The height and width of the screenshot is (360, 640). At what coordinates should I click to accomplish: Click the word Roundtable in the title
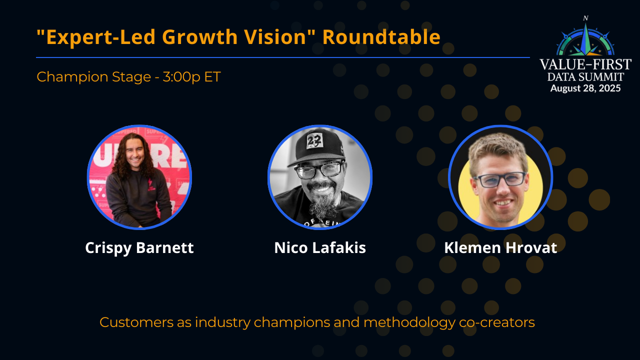[381, 37]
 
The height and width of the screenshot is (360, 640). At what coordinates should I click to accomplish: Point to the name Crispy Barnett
[139, 248]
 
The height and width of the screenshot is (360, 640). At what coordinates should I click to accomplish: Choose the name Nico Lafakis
[320, 248]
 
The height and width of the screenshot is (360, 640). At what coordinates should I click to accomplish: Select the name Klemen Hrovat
[500, 248]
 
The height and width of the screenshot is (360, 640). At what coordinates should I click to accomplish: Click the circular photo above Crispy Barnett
[139, 177]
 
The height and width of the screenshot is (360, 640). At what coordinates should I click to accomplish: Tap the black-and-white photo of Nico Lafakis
[320, 177]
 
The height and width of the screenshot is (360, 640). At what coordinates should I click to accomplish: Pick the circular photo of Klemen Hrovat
[500, 177]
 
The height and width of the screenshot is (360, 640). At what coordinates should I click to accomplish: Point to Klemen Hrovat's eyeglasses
[499, 179]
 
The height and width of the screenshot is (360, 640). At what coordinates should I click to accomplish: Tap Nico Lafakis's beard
[320, 205]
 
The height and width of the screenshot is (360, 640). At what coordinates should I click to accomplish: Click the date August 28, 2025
[585, 88]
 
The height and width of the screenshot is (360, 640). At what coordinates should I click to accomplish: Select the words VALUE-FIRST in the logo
[585, 65]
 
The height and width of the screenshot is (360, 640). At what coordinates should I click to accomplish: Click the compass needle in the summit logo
[585, 37]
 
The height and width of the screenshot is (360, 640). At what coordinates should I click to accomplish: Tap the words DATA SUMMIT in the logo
[585, 77]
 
